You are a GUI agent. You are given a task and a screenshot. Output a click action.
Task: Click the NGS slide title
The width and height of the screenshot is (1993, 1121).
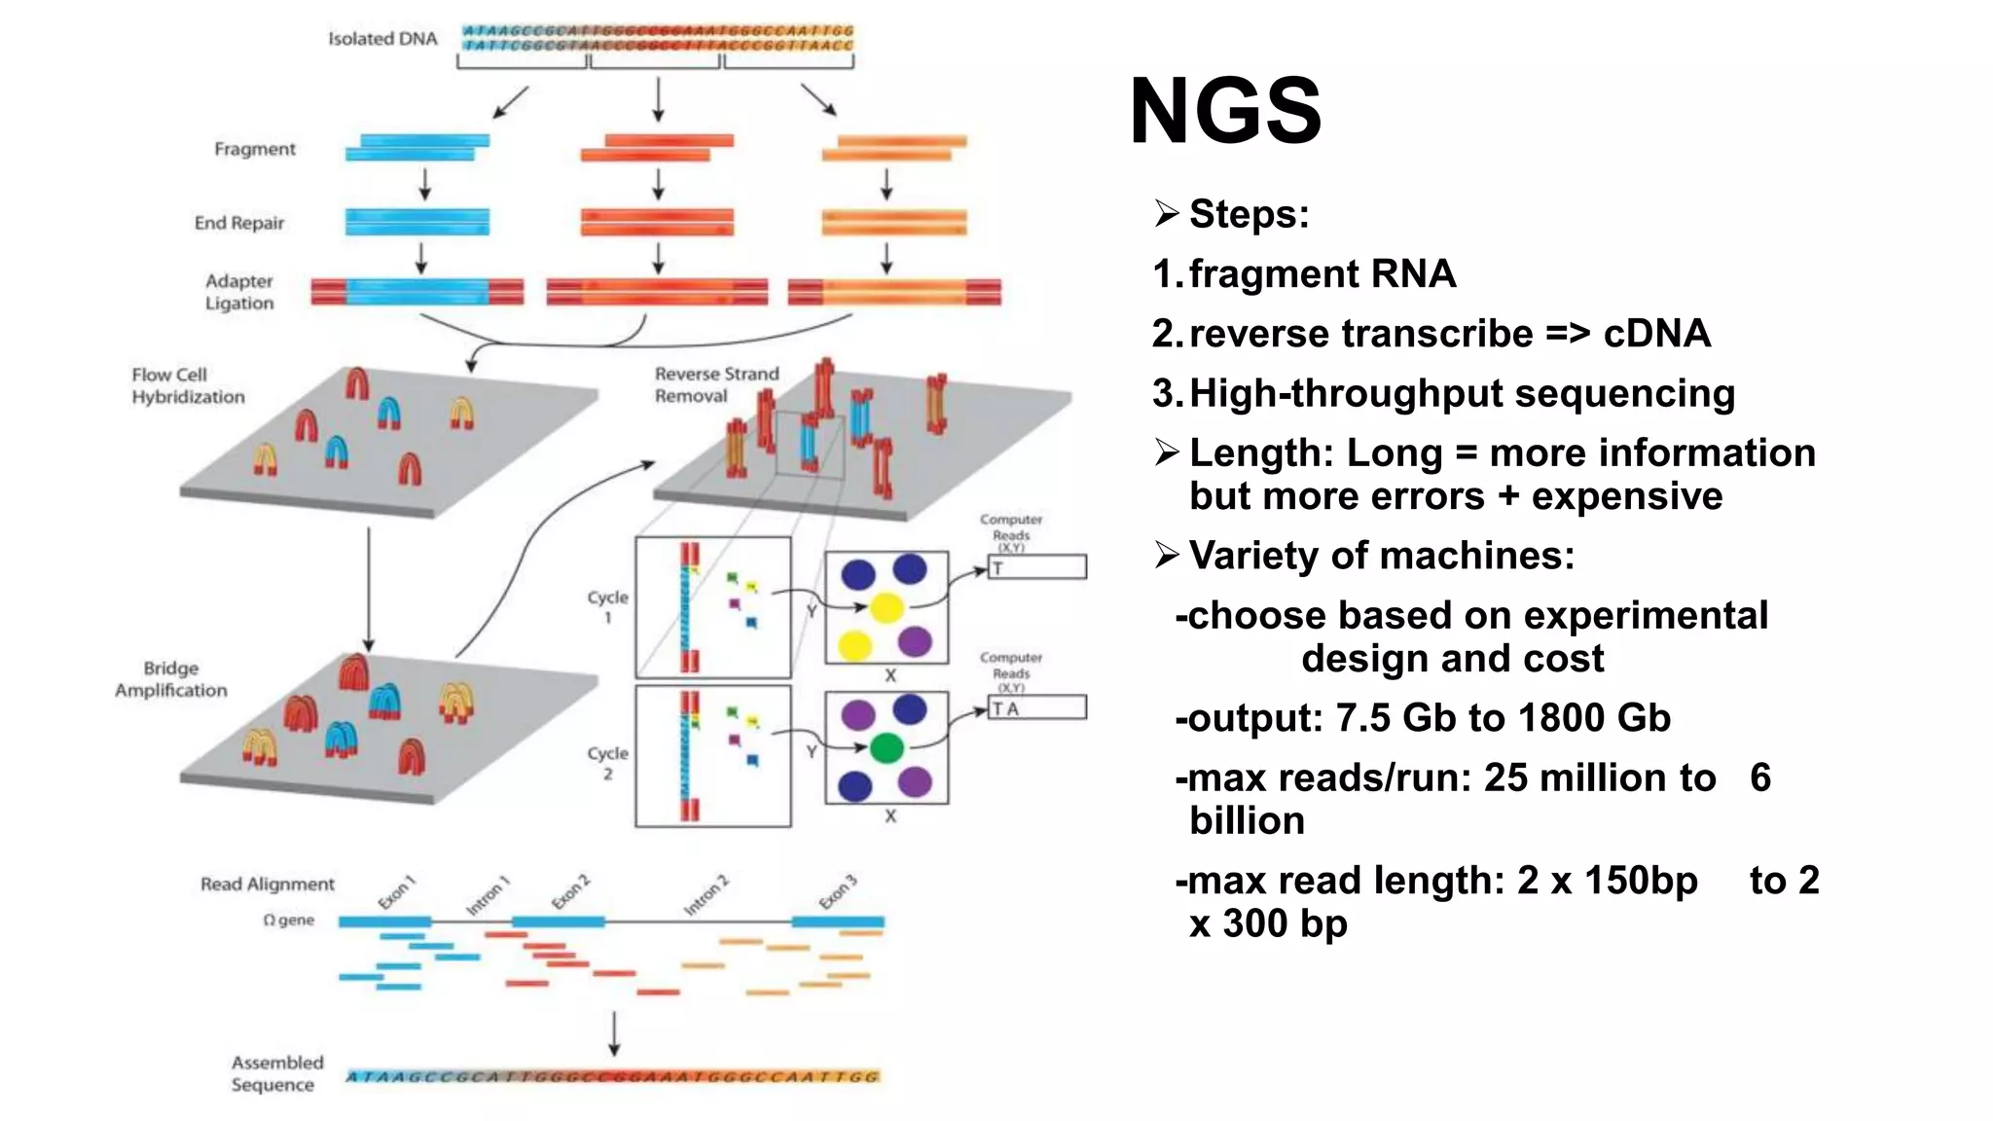tap(1224, 111)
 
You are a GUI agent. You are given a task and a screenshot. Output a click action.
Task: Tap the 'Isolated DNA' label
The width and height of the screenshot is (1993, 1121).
tap(382, 39)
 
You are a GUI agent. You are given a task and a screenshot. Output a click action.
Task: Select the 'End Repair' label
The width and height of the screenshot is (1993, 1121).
tap(239, 223)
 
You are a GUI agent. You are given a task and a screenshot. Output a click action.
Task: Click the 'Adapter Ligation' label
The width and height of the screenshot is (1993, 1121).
tap(239, 292)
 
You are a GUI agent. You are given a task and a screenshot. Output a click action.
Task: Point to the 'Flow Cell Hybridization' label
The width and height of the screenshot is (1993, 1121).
tap(188, 385)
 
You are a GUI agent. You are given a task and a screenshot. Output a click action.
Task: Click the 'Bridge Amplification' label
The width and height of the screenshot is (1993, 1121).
tap(171, 679)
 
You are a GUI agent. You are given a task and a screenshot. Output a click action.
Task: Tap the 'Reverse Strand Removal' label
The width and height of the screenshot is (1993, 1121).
tap(716, 384)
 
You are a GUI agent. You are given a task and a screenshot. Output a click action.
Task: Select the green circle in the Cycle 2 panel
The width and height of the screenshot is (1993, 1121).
tap(887, 747)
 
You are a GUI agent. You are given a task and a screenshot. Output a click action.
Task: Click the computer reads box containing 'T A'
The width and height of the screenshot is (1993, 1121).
tap(1037, 707)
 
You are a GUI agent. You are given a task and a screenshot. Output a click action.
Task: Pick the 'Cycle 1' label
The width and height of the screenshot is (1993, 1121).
tap(607, 605)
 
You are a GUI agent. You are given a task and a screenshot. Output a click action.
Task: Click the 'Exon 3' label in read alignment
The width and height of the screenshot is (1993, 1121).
tap(838, 891)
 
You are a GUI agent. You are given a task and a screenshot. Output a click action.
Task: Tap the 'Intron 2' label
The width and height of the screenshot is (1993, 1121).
tap(707, 895)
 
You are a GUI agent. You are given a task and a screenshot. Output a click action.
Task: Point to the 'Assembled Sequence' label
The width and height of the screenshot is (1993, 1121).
tap(276, 1073)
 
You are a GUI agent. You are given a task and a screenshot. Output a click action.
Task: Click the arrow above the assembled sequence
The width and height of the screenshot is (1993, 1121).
tap(614, 1034)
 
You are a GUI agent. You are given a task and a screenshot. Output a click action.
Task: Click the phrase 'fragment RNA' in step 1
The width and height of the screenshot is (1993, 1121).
tap(1322, 274)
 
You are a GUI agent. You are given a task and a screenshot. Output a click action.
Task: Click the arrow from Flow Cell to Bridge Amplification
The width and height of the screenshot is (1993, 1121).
tap(369, 590)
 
